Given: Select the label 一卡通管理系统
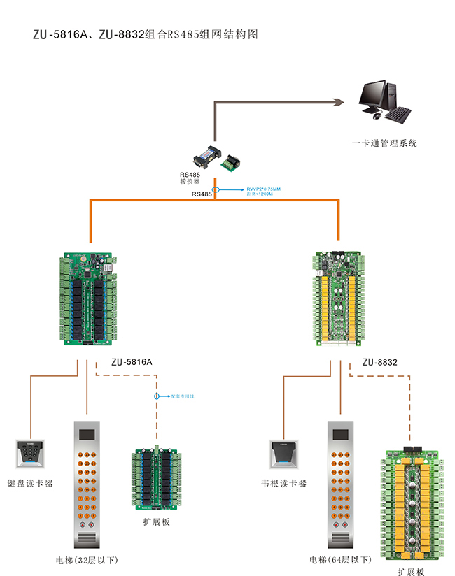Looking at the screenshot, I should (x=384, y=143).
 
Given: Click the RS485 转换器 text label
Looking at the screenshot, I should (x=190, y=178).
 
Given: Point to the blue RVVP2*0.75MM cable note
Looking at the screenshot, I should (x=263, y=191).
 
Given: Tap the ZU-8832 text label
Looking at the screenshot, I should (x=380, y=362).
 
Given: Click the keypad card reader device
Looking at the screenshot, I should (x=29, y=454).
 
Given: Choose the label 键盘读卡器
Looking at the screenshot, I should (x=30, y=483).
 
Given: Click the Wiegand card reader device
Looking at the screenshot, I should (x=283, y=454).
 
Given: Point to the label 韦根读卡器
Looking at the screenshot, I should (x=283, y=483).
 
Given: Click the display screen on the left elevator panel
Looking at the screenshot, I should (x=87, y=434).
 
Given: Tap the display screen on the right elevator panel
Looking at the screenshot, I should (x=340, y=434).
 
